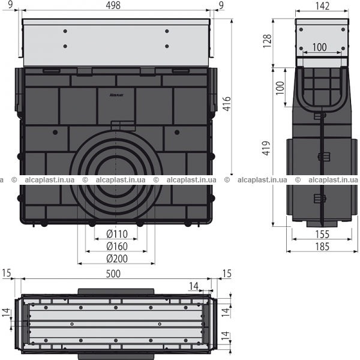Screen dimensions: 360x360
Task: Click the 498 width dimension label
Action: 113,5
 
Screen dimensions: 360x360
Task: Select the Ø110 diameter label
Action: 117,234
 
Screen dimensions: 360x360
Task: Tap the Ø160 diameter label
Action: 117,247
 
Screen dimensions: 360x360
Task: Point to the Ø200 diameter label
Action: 117,259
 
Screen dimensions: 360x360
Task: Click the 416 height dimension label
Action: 227,104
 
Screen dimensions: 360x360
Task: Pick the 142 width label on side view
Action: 322,6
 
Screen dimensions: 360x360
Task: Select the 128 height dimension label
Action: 268,41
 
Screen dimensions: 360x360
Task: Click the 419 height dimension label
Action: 266,148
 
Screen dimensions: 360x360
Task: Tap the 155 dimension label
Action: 322,234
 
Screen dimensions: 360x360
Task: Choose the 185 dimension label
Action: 322,247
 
